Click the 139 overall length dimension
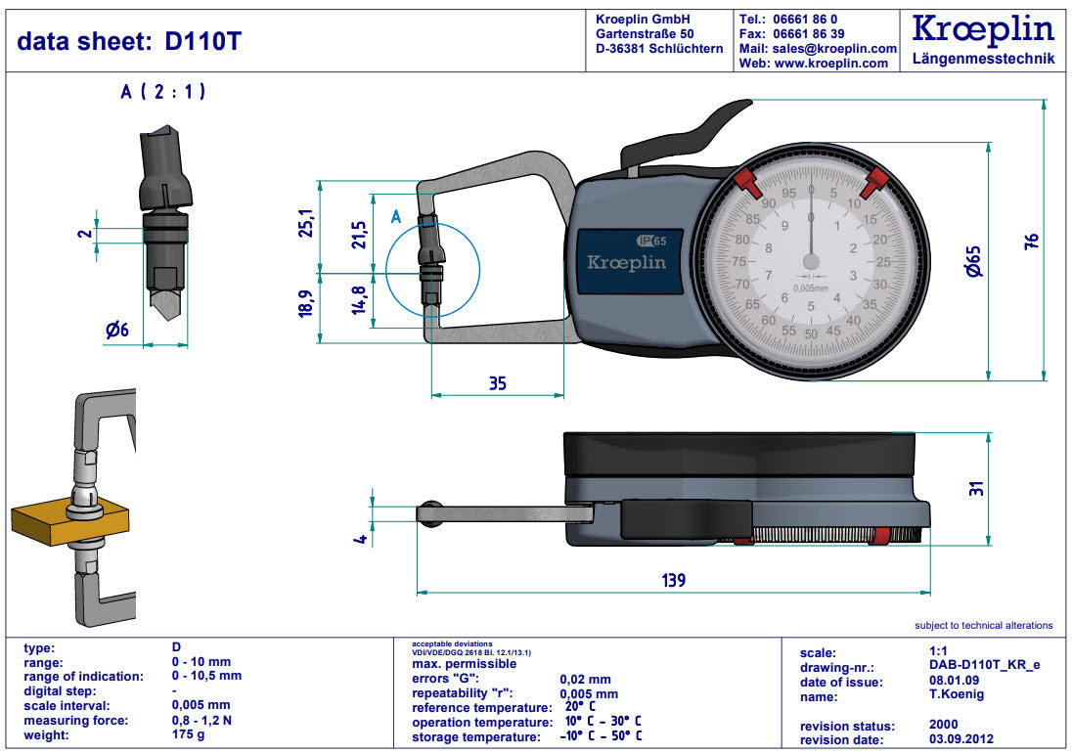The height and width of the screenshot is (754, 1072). coord(673,580)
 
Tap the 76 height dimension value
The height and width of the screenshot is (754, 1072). coord(1029,241)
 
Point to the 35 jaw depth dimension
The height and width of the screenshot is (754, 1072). coord(498,383)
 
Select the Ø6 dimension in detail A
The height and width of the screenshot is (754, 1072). coord(117,331)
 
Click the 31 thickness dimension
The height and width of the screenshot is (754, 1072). coord(974,487)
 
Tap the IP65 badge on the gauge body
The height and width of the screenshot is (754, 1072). coord(651,241)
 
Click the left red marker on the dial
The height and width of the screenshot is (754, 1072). coord(747,181)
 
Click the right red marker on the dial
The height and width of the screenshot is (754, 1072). coord(877,180)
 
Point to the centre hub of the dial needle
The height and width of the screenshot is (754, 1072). coord(811,261)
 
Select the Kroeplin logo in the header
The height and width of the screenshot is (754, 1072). coord(982,29)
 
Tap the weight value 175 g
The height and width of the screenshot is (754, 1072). coord(189,734)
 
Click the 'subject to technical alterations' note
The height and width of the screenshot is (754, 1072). coord(983,625)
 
